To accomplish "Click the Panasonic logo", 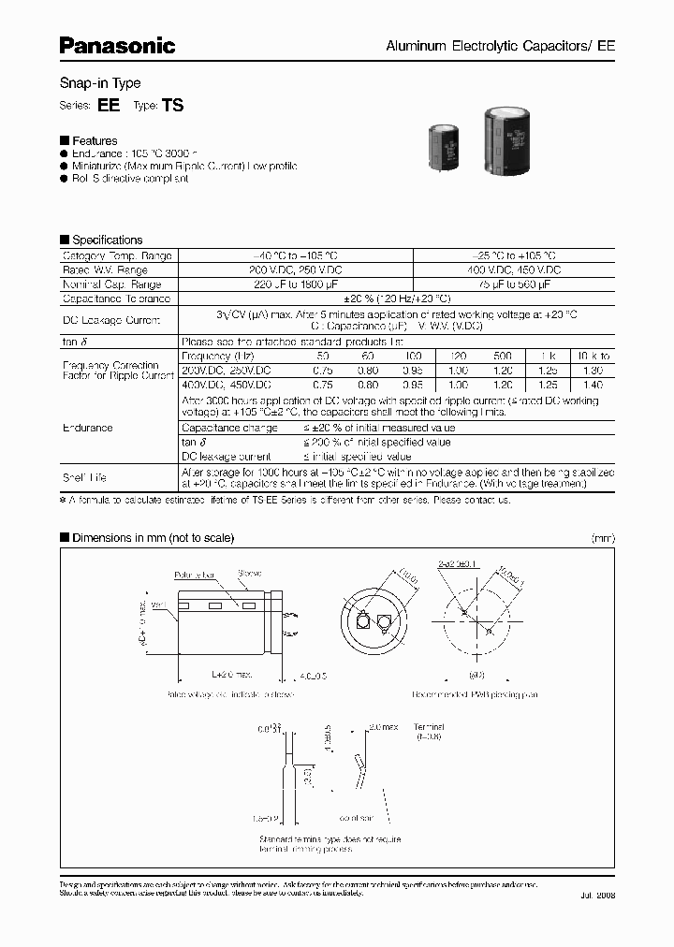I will pyautogui.click(x=118, y=44).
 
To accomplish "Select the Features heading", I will pyautogui.click(x=95, y=140).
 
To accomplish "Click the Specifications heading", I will pyautogui.click(x=107, y=240).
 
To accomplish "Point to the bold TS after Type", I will pyautogui.click(x=173, y=106).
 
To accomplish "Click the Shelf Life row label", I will pyautogui.click(x=84, y=477).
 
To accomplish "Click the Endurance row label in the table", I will pyautogui.click(x=88, y=428).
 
